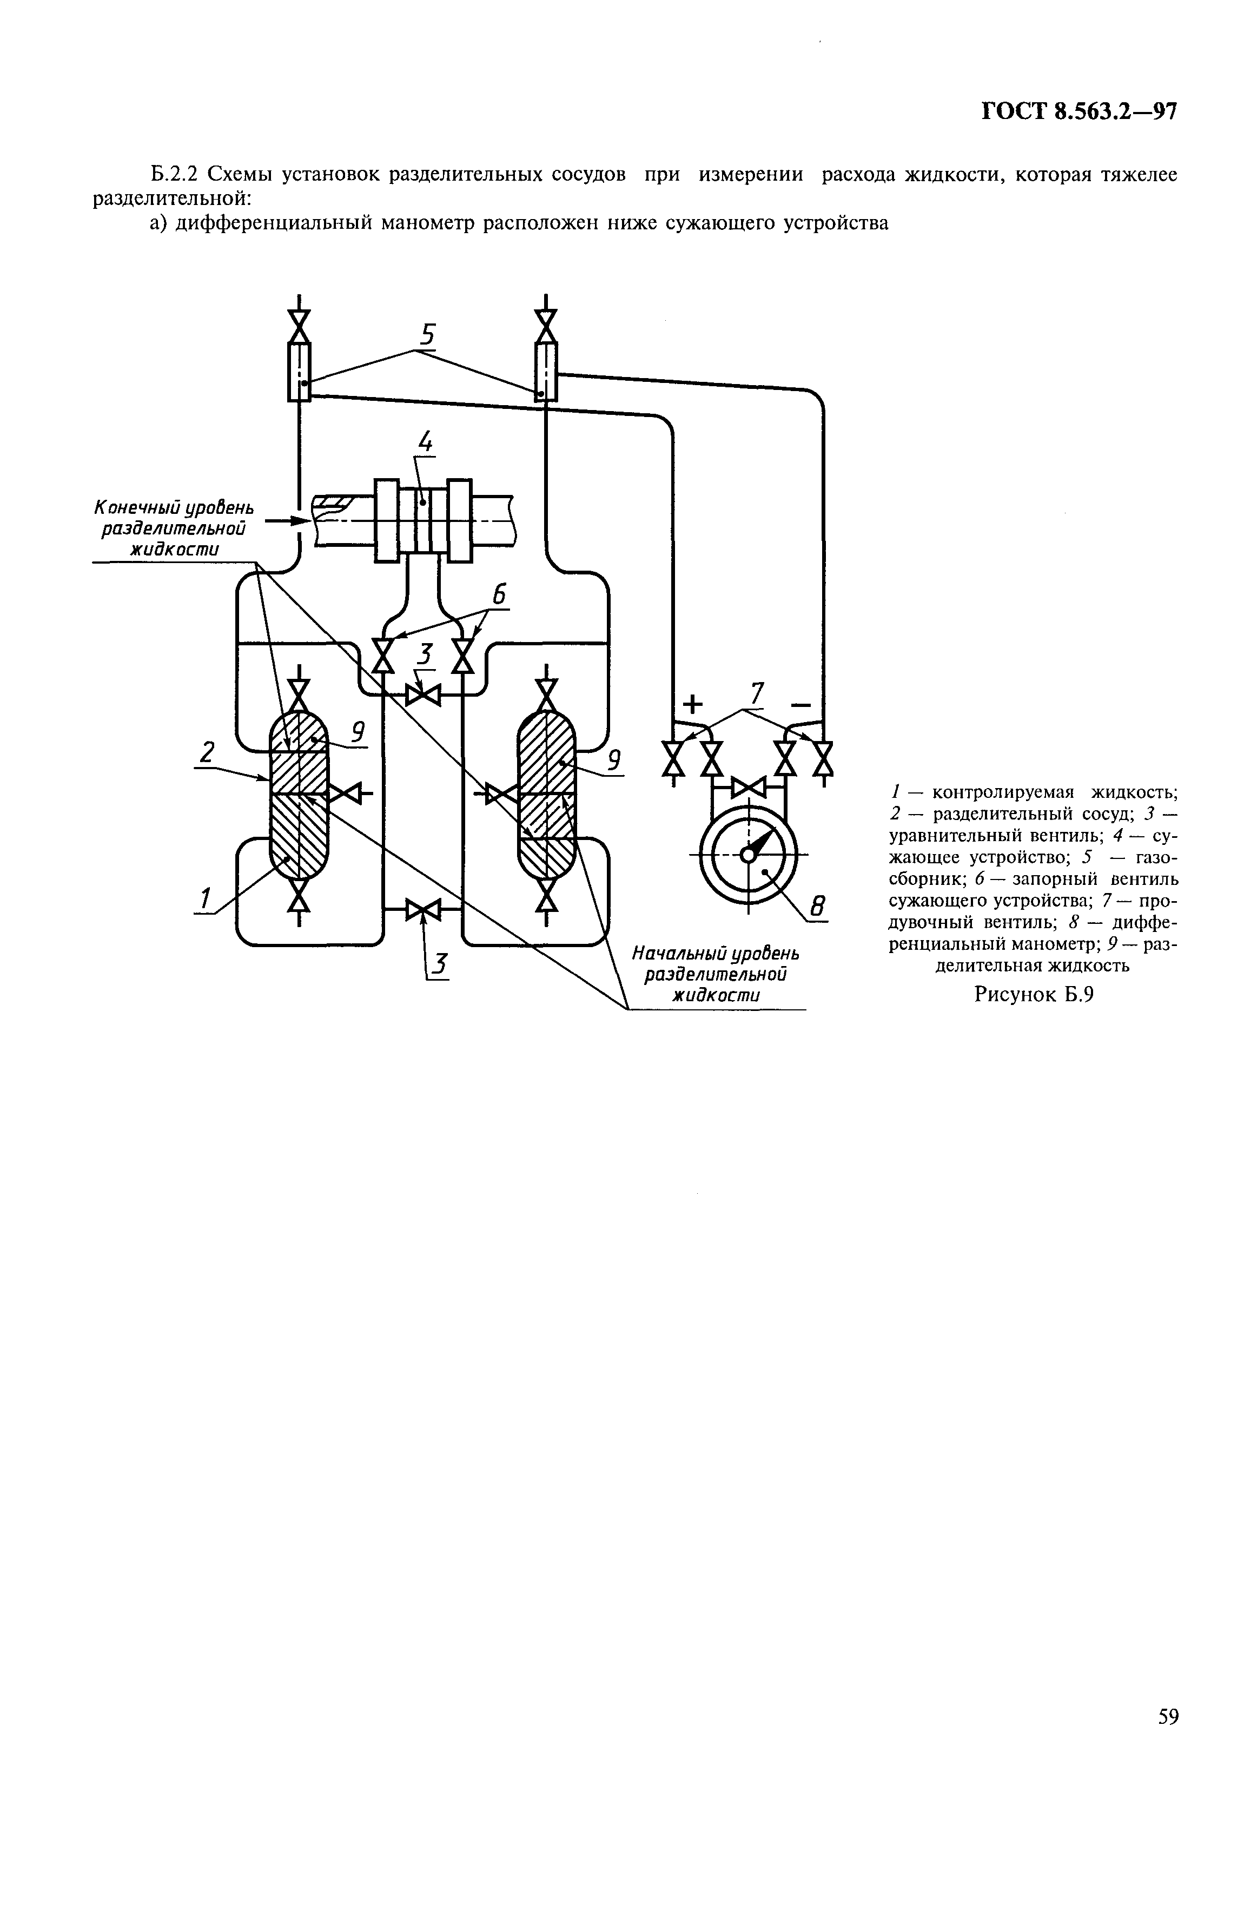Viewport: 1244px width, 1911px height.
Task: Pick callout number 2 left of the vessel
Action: [x=207, y=752]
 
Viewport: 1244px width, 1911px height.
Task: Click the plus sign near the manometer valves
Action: [x=692, y=704]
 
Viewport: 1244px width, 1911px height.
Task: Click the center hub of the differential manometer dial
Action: [x=747, y=856]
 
